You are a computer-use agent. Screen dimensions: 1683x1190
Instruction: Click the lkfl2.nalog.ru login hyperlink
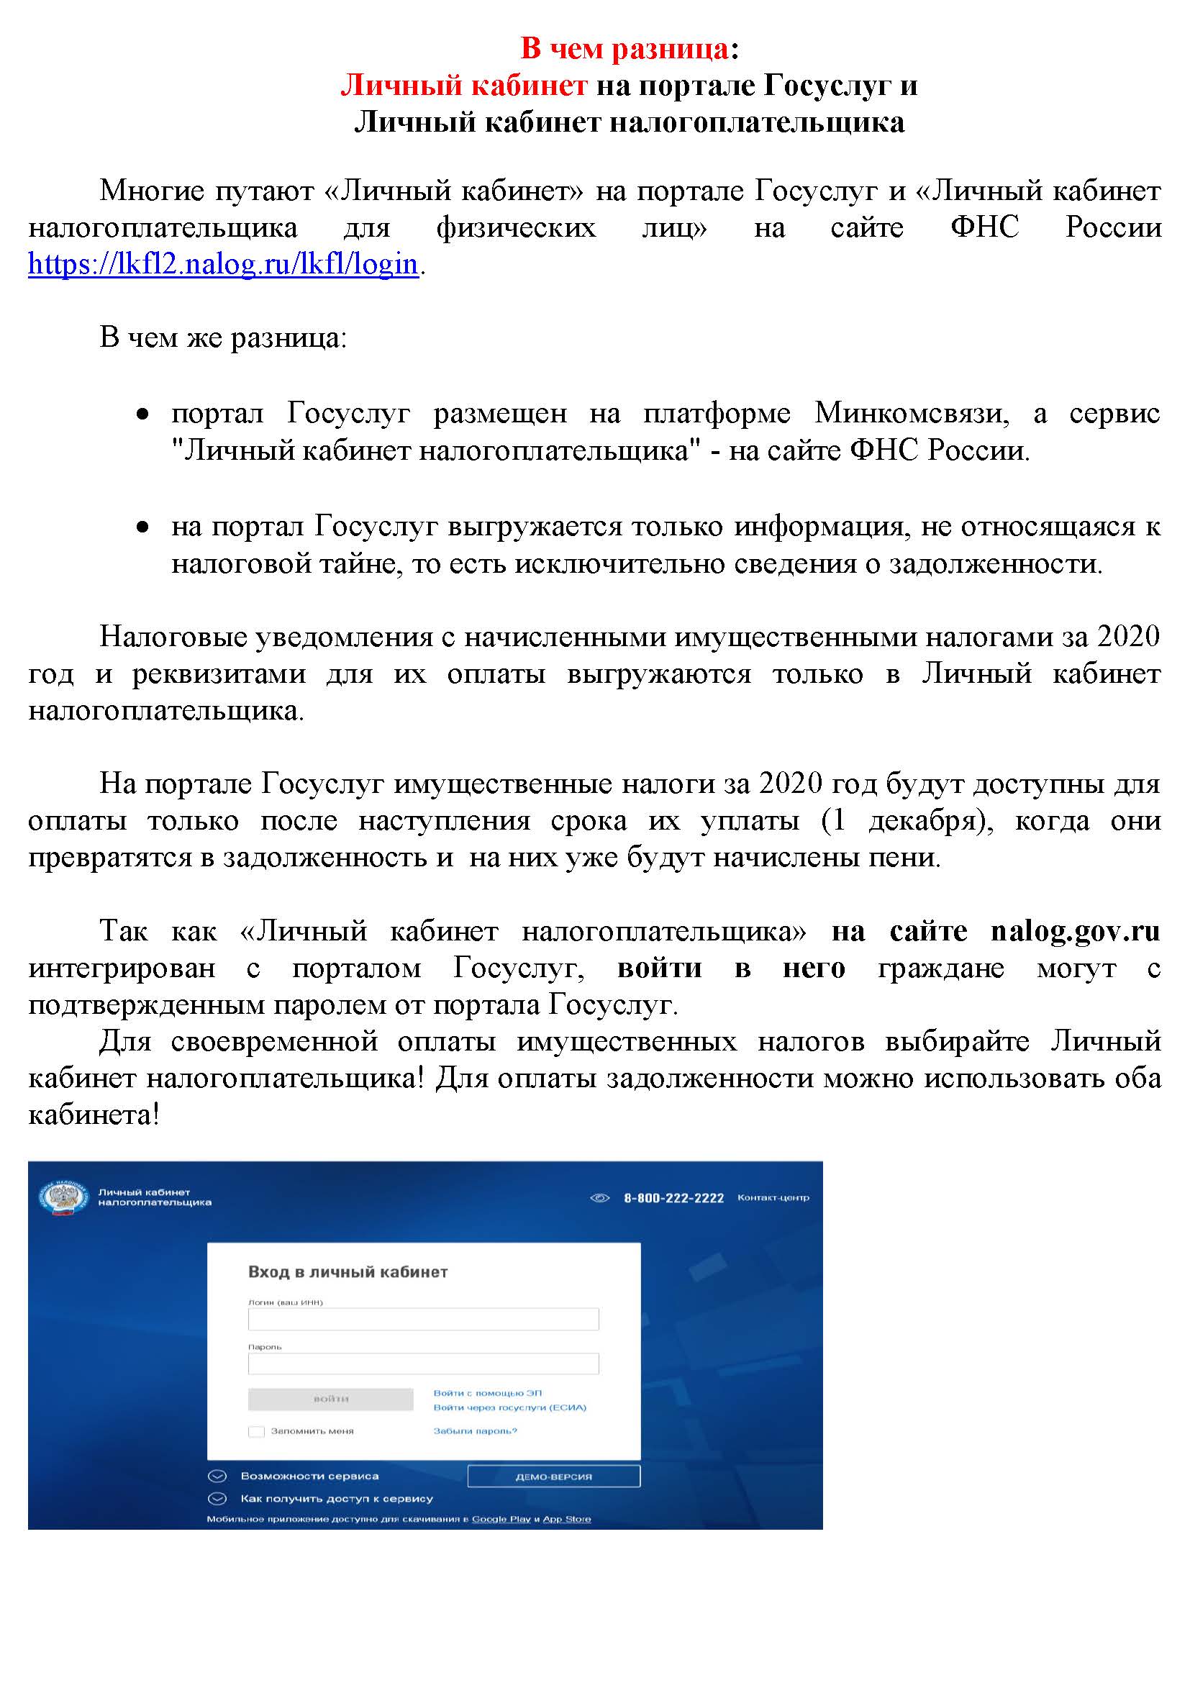(223, 264)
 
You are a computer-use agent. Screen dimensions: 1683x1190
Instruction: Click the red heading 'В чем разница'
(624, 48)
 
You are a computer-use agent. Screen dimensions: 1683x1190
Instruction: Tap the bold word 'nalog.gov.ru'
(1075, 931)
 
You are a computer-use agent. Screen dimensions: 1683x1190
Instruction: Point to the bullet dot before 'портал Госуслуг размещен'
(143, 415)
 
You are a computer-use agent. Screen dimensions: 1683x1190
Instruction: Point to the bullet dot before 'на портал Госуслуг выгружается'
(143, 527)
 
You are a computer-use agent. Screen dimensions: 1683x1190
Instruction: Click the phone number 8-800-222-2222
(673, 1198)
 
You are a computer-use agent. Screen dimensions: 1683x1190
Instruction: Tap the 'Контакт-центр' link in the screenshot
(773, 1197)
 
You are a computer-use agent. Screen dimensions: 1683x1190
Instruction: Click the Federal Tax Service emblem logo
(64, 1197)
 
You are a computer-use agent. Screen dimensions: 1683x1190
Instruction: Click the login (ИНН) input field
(423, 1319)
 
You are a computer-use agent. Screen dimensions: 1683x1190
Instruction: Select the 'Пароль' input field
(423, 1364)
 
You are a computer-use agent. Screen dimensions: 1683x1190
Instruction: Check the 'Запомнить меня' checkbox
(255, 1431)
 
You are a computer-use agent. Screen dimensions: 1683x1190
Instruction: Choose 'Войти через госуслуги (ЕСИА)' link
(509, 1407)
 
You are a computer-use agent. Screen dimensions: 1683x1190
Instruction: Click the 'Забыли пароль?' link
(475, 1430)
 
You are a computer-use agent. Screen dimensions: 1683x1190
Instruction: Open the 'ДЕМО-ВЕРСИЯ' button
(553, 1476)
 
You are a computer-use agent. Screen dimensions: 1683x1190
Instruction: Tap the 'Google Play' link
(501, 1519)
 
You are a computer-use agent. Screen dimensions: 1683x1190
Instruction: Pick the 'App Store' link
(566, 1519)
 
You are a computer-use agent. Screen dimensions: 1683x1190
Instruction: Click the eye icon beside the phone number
(599, 1198)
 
